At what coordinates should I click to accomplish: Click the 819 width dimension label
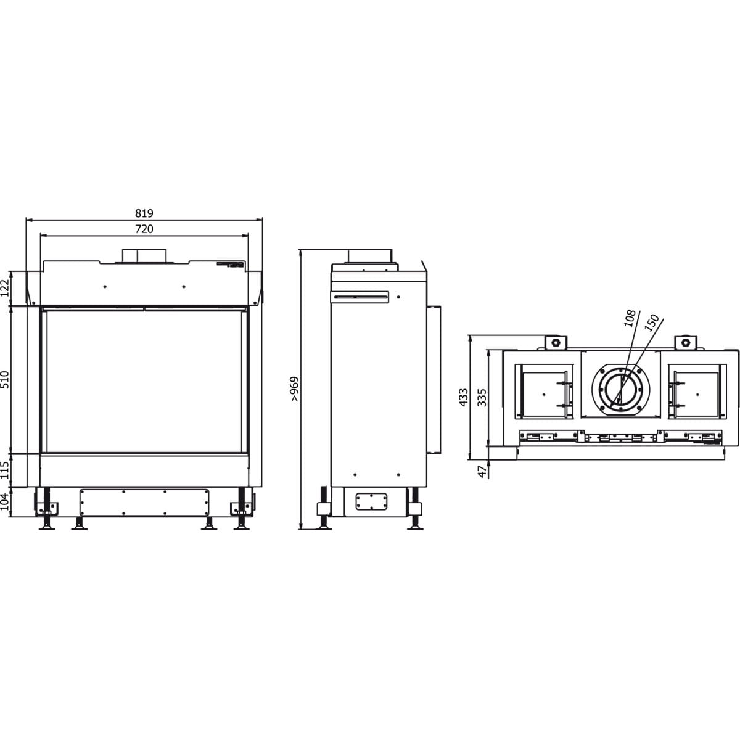[144, 213]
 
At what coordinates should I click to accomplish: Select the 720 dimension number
[144, 229]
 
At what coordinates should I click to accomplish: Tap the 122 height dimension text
[5, 287]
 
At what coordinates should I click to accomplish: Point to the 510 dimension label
[5, 379]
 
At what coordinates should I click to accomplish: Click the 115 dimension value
[5, 470]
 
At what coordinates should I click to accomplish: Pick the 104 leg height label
[5, 501]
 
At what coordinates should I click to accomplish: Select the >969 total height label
[294, 389]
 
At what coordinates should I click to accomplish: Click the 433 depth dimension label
[464, 398]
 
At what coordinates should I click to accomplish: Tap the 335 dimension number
[482, 398]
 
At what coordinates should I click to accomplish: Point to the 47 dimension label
[482, 472]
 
